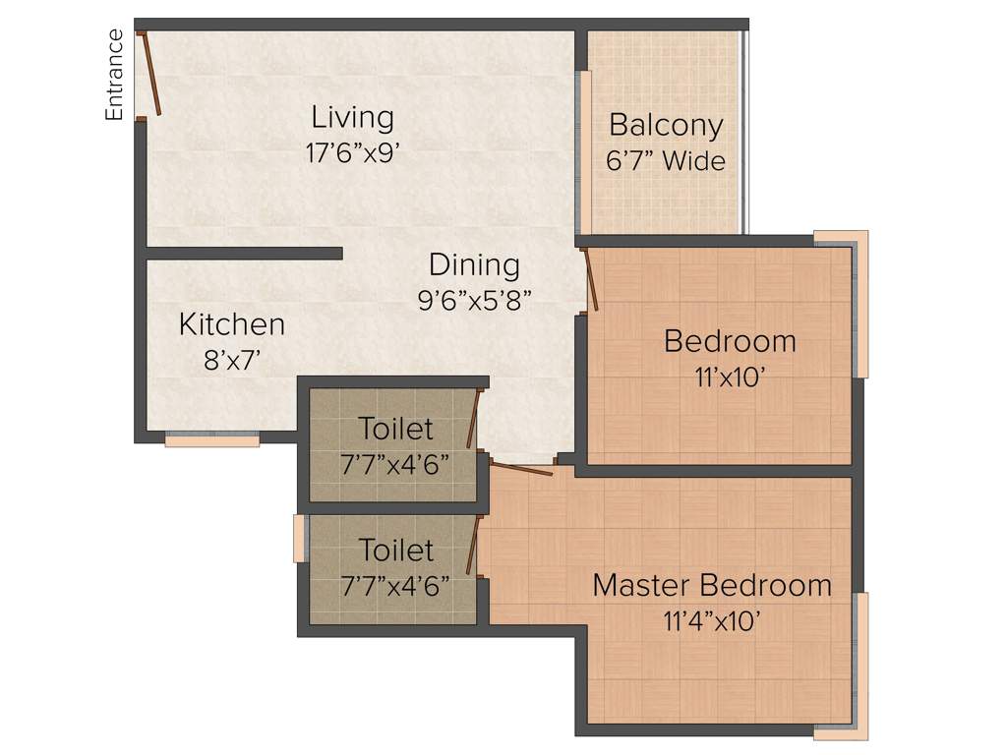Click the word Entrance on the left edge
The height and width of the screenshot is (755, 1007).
tap(115, 75)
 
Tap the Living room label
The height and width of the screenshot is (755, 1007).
tap(352, 117)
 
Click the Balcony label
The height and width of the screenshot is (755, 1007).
tap(666, 125)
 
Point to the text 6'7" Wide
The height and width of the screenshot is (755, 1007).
tap(666, 160)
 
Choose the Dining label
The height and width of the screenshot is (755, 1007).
tap(474, 264)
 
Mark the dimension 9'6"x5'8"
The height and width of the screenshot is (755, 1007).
tap(474, 300)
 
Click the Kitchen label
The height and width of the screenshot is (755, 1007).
tap(232, 323)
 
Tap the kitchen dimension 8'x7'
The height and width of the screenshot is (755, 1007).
tap(232, 359)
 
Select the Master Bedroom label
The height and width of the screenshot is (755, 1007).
tap(712, 585)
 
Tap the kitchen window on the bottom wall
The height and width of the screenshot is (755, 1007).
tap(211, 440)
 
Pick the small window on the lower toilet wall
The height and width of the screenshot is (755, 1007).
tap(299, 539)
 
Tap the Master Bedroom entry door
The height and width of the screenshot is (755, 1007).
tap(518, 469)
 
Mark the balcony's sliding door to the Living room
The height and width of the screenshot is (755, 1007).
tap(584, 152)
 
